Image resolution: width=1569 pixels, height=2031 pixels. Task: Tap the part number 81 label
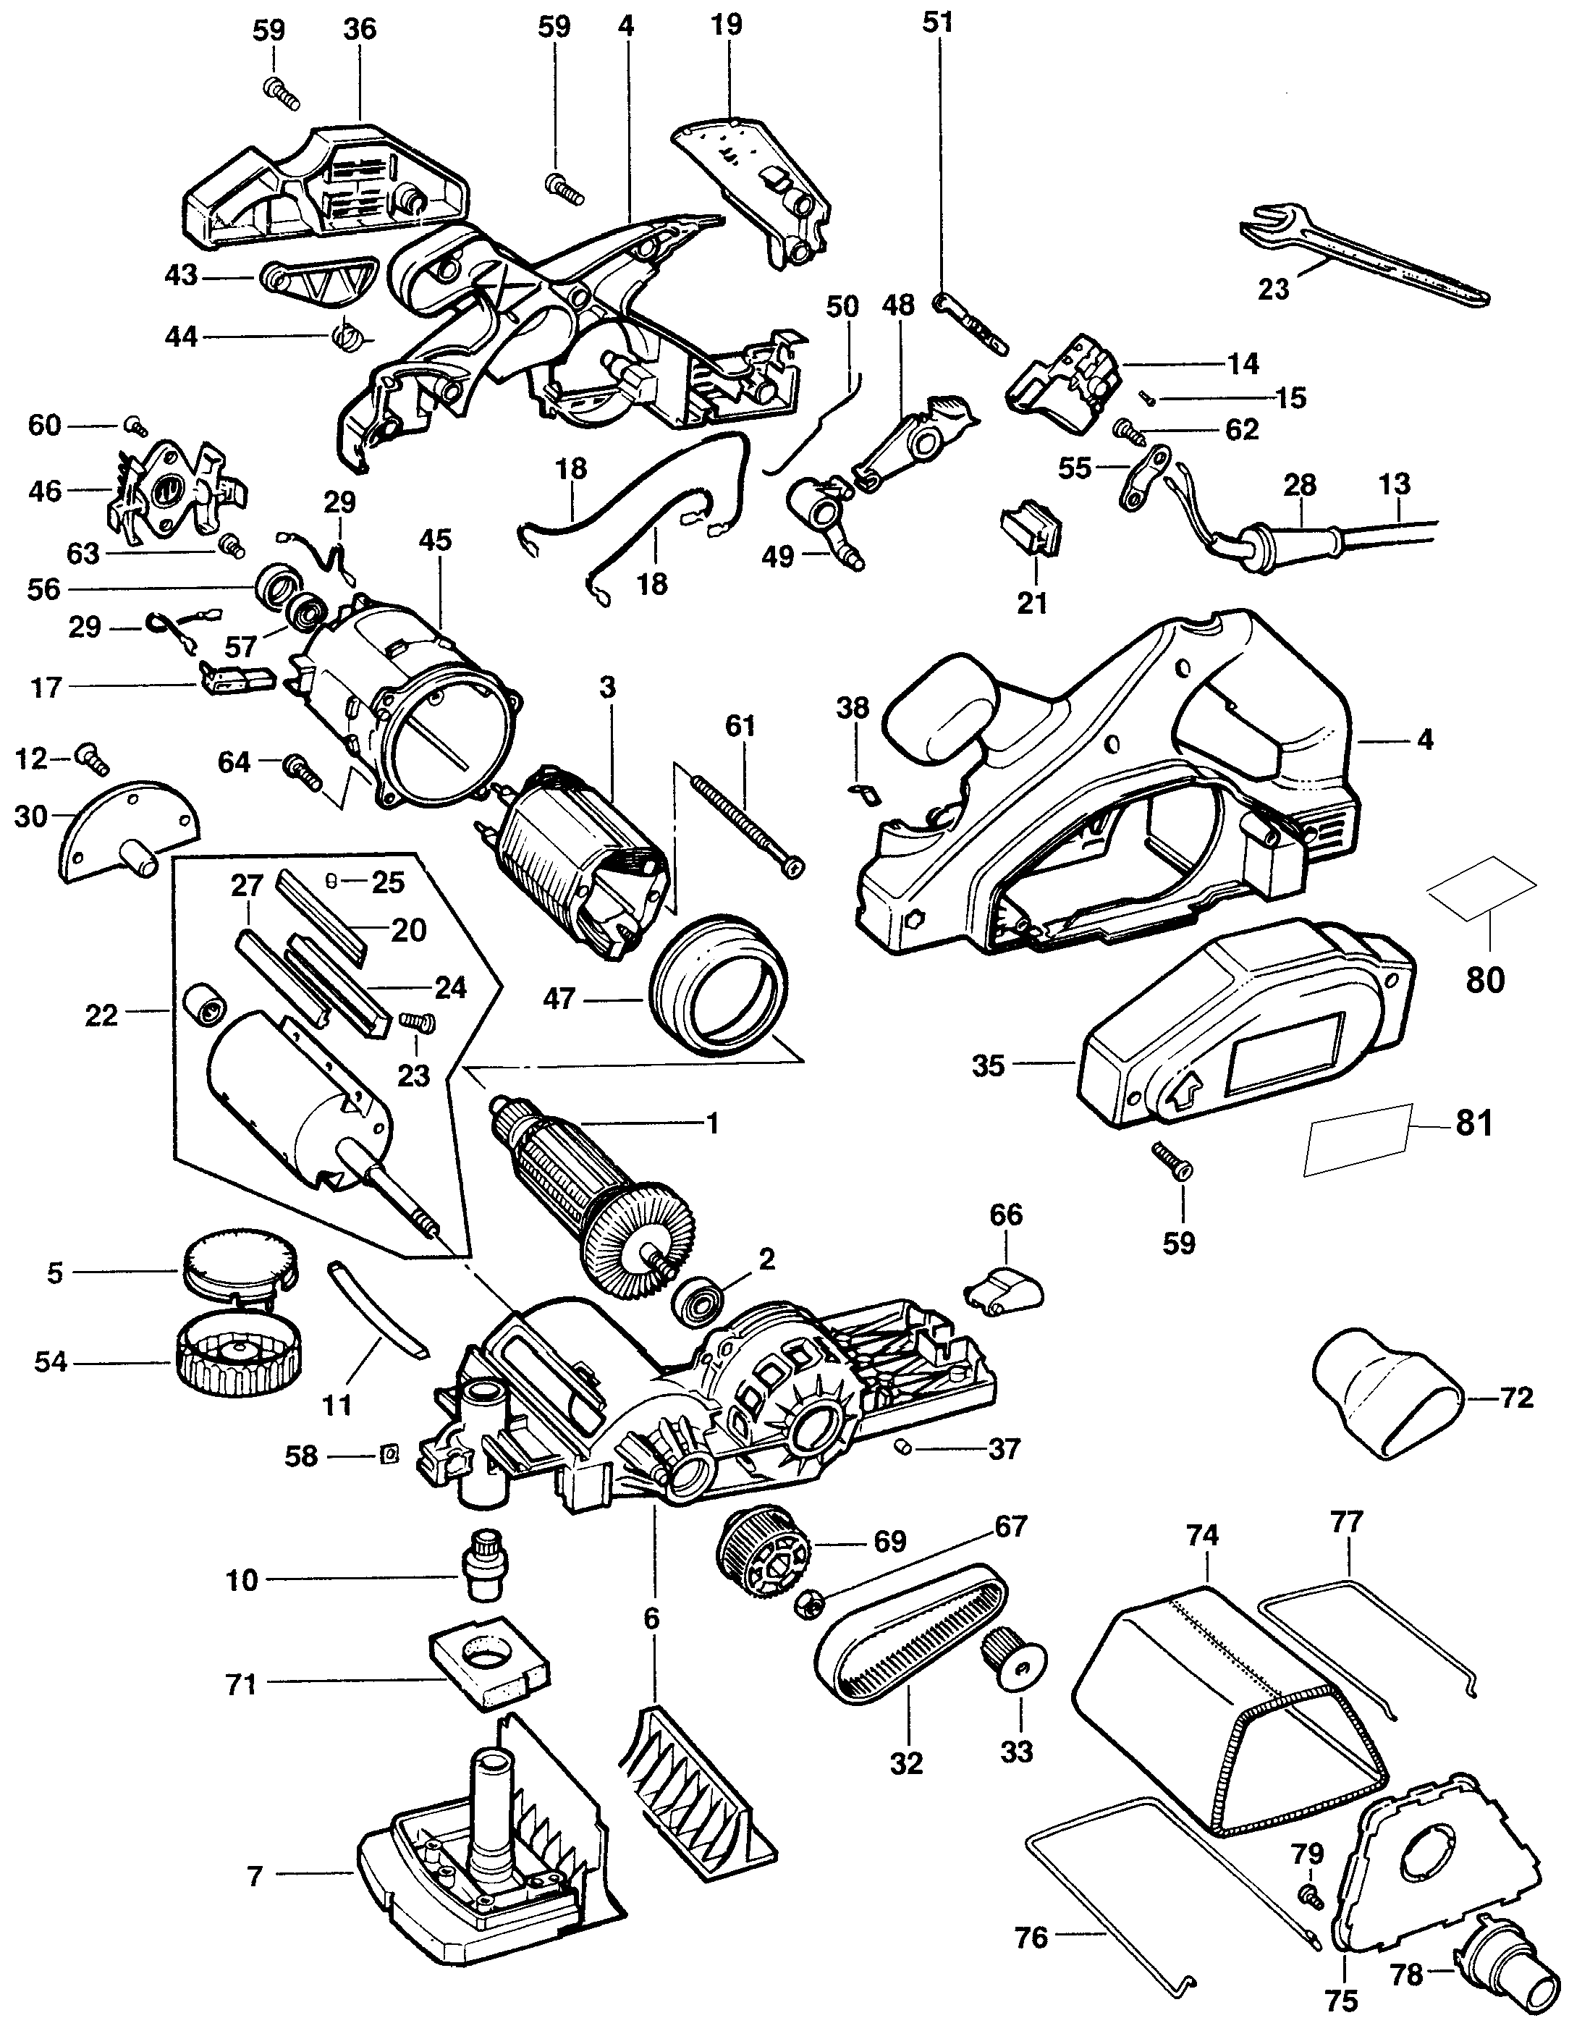click(x=1474, y=1123)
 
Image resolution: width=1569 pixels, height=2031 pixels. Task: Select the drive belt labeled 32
click(x=910, y=1636)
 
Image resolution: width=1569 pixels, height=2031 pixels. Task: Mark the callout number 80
click(x=1484, y=979)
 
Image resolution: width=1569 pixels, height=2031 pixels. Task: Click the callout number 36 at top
click(x=360, y=30)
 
